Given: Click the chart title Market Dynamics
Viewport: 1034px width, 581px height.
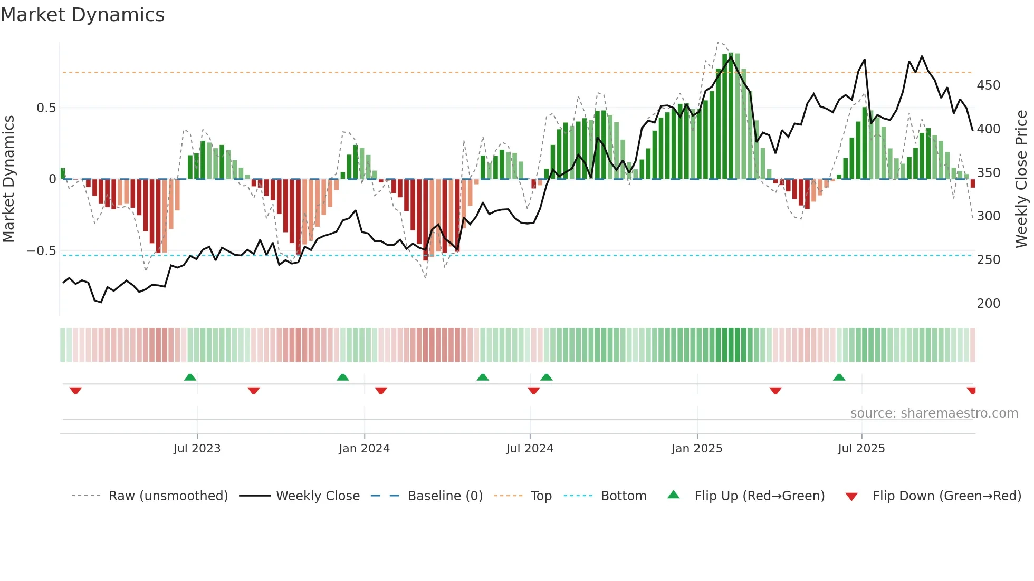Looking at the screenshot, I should click(83, 15).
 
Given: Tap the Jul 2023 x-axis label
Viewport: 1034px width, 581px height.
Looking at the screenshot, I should click(197, 449).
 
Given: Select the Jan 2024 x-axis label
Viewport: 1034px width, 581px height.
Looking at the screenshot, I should click(364, 449).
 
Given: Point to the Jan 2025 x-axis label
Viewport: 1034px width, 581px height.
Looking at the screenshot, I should click(696, 449).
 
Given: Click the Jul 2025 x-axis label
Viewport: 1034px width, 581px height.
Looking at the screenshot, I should click(861, 449).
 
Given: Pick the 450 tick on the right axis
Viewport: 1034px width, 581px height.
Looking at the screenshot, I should click(988, 85).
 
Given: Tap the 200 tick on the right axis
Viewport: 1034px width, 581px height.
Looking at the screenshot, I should click(988, 304).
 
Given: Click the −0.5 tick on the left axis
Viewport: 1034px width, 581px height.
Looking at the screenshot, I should click(41, 251).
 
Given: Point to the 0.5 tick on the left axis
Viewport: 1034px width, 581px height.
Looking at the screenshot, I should click(46, 108).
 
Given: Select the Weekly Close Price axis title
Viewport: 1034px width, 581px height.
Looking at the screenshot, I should click(1021, 179).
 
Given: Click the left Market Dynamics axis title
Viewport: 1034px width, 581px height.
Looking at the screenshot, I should click(8, 179).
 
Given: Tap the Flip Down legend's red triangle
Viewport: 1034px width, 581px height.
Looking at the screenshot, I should click(851, 497).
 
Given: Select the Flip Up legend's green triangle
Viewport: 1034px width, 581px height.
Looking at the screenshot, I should click(674, 495).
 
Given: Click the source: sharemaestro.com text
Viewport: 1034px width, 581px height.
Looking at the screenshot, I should click(934, 413).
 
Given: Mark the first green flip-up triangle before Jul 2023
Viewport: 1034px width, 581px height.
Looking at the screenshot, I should click(190, 377).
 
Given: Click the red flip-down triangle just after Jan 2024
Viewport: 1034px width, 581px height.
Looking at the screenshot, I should click(381, 391).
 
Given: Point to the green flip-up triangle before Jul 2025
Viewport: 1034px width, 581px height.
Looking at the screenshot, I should click(839, 377).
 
